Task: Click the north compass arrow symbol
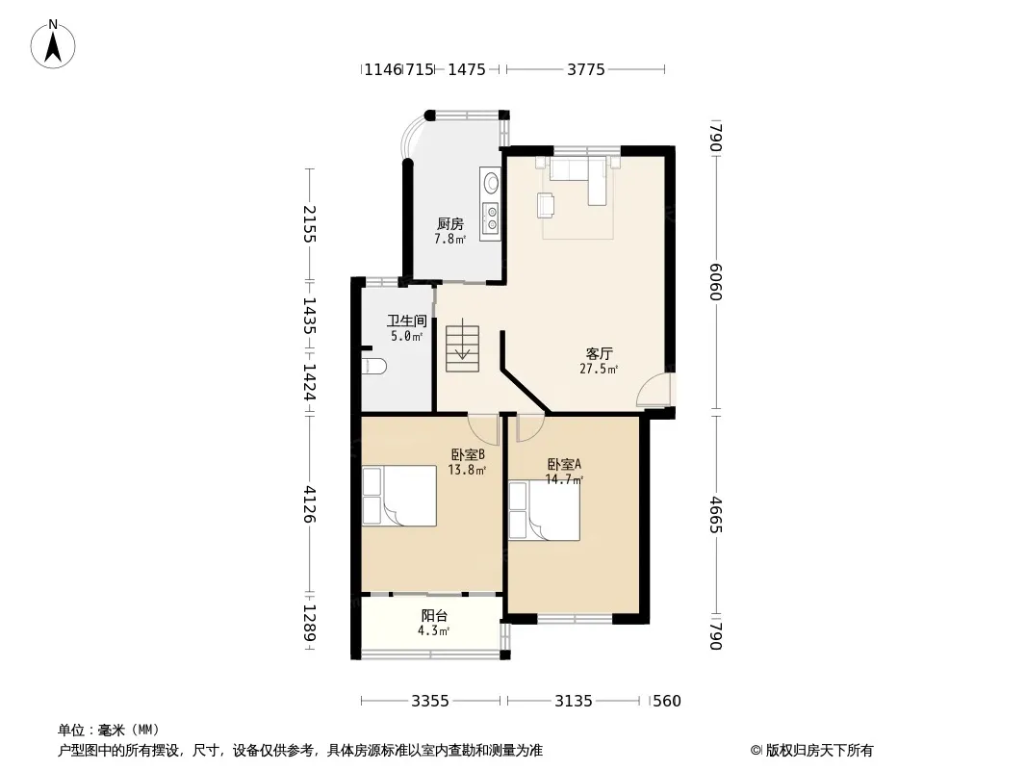[53, 44]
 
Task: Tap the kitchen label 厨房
[450, 224]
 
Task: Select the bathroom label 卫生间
[406, 321]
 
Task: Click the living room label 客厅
[599, 354]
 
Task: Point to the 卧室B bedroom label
[467, 454]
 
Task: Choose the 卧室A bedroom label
[564, 465]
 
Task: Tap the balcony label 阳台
[434, 616]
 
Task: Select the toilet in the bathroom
[375, 367]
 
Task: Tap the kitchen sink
[490, 181]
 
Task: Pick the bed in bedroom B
[399, 496]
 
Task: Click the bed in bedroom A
[545, 511]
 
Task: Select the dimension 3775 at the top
[585, 69]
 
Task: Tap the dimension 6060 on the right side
[715, 281]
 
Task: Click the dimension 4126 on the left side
[310, 503]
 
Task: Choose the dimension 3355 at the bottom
[430, 702]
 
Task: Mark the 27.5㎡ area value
[599, 369]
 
